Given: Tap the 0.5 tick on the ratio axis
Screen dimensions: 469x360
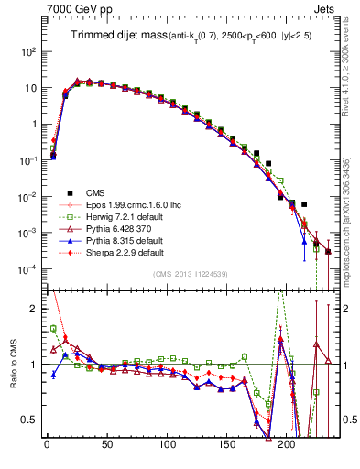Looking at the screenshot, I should [x=27, y=420].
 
